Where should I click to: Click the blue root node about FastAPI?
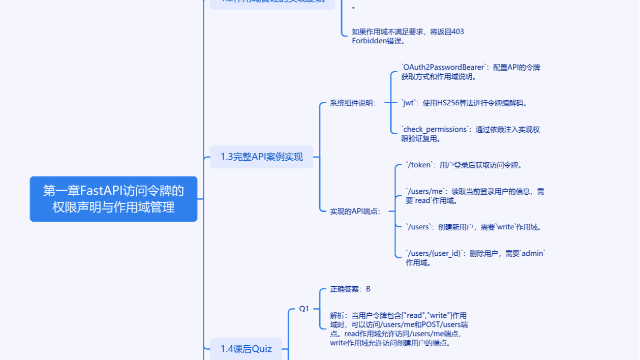[x=113, y=199]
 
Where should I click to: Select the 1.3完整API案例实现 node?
[x=261, y=157]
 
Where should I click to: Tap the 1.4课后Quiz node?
[x=246, y=349]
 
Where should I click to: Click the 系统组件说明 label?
[x=353, y=103]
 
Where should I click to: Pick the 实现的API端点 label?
[x=355, y=211]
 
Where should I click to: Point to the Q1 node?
[x=304, y=309]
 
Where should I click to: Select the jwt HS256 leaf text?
[x=464, y=103]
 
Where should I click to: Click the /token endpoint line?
[x=463, y=165]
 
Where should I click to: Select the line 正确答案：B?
[x=350, y=289]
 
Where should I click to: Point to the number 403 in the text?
[x=458, y=32]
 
